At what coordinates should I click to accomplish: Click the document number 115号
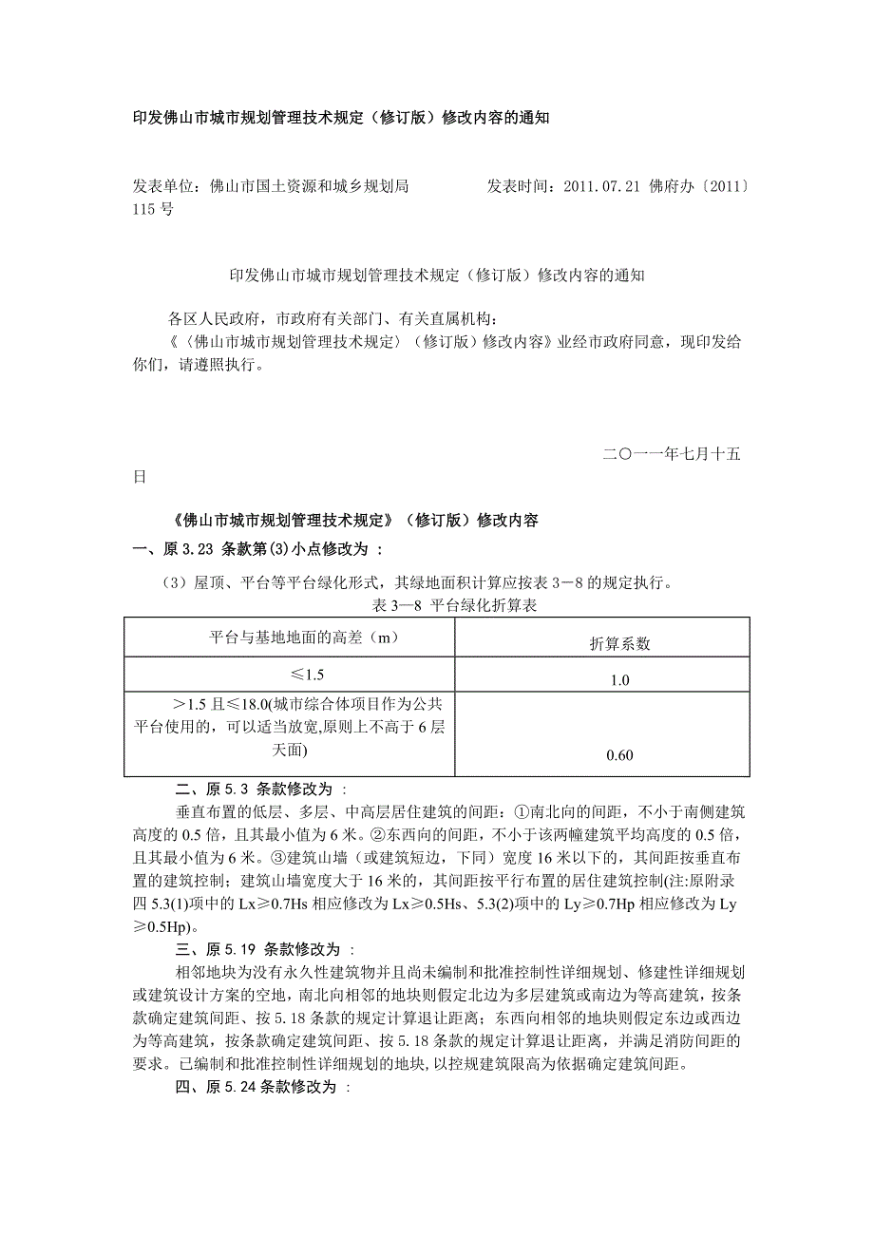click(x=153, y=209)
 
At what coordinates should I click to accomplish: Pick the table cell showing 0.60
click(x=618, y=756)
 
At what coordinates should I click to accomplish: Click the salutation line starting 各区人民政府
click(x=332, y=317)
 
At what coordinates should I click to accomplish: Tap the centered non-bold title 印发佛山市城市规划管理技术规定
click(x=437, y=276)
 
